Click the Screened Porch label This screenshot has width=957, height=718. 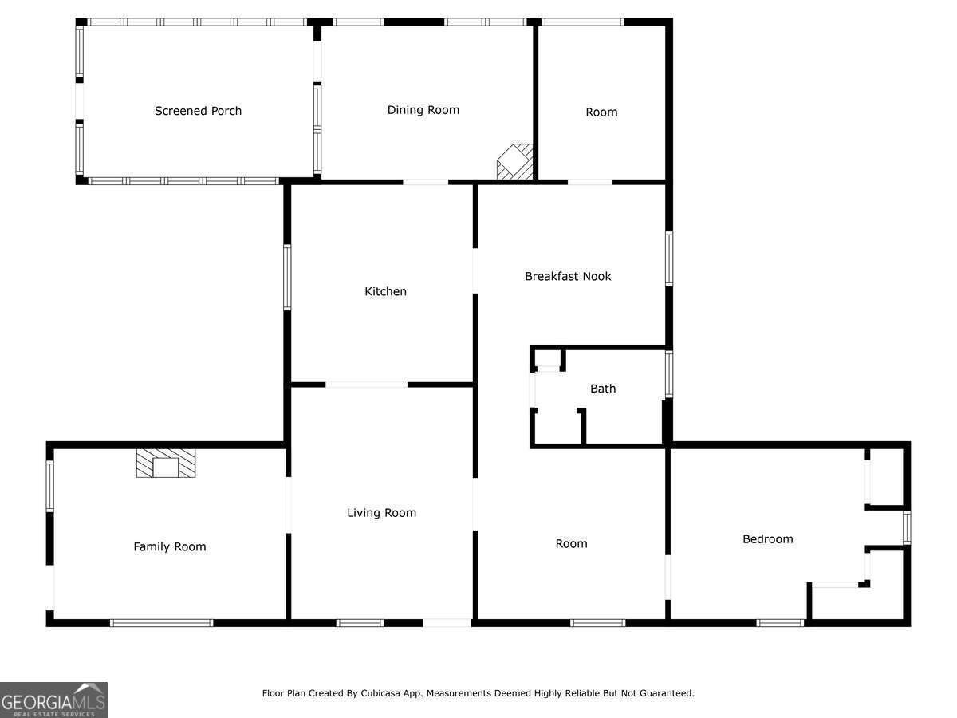pos(198,111)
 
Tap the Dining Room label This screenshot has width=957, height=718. pos(423,110)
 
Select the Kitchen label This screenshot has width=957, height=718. pos(385,291)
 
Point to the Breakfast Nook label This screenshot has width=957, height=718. pos(568,276)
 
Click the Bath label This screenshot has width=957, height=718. pos(603,389)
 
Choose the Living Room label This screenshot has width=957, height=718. pos(381,513)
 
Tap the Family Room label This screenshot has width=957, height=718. pos(170,546)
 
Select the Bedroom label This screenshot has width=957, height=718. pos(768,539)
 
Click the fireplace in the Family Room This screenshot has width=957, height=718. pos(166,463)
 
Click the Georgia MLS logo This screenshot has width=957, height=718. pos(53,700)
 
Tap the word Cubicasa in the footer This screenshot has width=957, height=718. pos(379,693)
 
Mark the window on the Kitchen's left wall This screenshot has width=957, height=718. pos(287,278)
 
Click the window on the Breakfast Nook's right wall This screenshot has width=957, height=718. pos(669,259)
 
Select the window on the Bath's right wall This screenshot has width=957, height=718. pos(669,374)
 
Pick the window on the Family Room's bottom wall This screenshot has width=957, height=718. pos(161,623)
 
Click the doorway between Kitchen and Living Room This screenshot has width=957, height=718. pos(367,385)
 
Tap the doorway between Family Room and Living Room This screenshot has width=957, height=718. pos(288,505)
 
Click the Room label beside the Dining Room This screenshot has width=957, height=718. pos(601,112)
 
